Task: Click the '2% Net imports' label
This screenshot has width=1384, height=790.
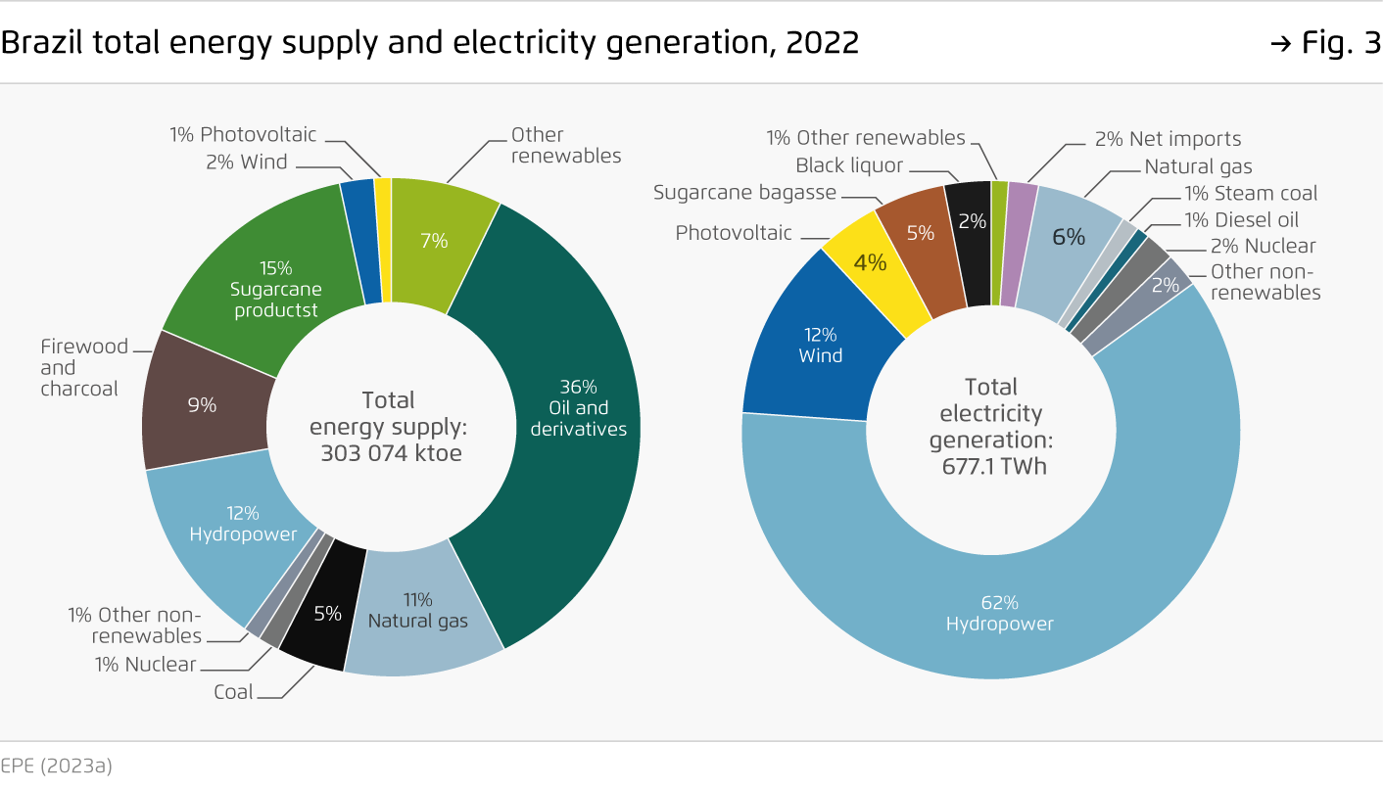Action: (1168, 139)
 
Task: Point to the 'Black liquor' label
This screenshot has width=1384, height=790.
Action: (849, 166)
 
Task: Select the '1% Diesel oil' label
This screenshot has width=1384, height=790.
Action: (1241, 220)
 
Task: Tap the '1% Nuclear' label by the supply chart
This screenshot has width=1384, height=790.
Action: (145, 665)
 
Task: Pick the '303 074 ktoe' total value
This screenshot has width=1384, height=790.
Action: (391, 453)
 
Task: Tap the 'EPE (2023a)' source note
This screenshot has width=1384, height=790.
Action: (56, 766)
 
